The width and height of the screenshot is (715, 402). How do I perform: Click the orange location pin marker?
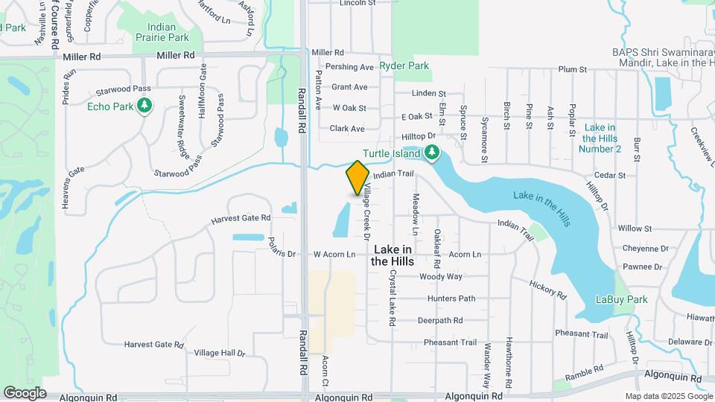click(x=357, y=177)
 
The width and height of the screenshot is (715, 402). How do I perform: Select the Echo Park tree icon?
click(x=144, y=106)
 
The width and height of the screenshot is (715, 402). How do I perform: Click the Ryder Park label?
click(x=404, y=66)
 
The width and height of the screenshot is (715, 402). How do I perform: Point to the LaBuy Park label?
click(x=621, y=299)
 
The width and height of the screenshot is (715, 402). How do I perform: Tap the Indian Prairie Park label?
click(x=162, y=31)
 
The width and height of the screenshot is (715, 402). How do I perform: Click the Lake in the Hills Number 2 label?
click(x=600, y=138)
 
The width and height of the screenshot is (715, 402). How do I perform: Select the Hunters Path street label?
click(x=451, y=299)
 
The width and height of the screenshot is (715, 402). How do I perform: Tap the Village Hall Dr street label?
click(x=220, y=353)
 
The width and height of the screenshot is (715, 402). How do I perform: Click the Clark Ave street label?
click(x=347, y=129)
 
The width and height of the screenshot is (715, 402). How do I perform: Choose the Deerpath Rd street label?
click(x=439, y=321)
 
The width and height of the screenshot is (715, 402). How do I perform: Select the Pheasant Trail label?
click(x=450, y=343)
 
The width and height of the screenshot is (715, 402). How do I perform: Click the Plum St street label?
click(x=573, y=69)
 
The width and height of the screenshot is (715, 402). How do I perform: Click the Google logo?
click(x=24, y=392)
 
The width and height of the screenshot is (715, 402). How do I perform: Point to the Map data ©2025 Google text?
click(x=668, y=397)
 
